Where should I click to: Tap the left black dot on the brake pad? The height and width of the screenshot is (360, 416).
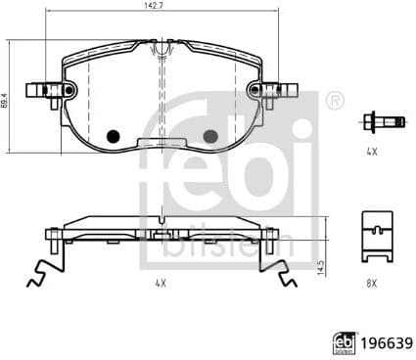(x=113, y=136)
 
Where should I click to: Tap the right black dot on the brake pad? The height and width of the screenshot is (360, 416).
(x=208, y=136)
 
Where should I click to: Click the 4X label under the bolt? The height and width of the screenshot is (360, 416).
(x=372, y=153)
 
